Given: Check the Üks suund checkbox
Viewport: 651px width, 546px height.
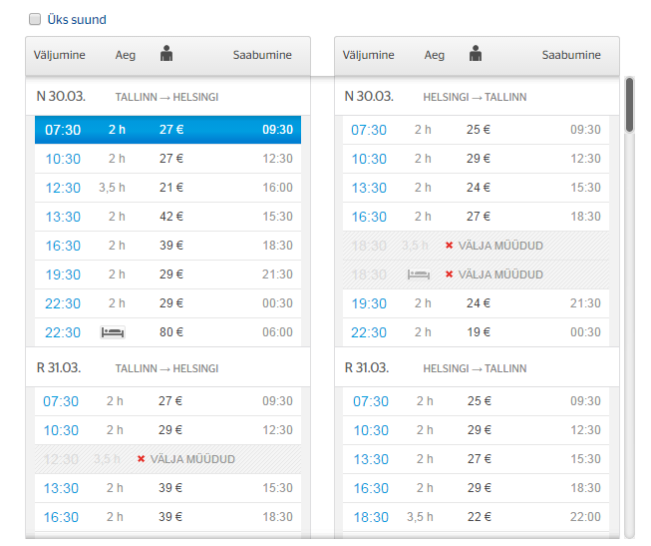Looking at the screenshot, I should (x=36, y=19).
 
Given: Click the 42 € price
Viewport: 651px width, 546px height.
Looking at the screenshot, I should (x=171, y=217).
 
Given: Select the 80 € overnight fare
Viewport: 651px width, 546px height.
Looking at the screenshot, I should (x=171, y=332).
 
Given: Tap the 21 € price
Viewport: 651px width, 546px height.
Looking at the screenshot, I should (x=171, y=188).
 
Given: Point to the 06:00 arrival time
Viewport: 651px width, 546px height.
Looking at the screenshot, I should (x=277, y=332).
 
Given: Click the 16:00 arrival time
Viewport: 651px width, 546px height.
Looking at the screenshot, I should (x=277, y=188).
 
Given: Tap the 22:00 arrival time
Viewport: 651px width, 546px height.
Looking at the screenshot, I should (x=585, y=517).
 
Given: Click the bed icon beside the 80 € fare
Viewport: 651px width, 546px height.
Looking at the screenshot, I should (x=113, y=332).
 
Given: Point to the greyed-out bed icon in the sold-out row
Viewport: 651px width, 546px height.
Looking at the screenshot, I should (x=419, y=274).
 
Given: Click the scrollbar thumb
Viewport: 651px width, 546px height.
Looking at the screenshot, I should (x=629, y=105).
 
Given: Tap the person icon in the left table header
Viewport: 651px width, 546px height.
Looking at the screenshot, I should (x=166, y=54).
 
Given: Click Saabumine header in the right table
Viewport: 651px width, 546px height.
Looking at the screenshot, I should (x=571, y=56).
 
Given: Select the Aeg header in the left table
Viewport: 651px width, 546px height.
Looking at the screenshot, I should (x=126, y=56).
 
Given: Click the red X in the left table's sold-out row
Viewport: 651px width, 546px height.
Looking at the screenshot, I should (x=141, y=459).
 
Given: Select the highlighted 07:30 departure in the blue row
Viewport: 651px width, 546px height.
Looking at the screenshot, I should (x=62, y=130).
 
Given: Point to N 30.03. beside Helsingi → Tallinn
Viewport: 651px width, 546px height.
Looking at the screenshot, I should (x=369, y=97).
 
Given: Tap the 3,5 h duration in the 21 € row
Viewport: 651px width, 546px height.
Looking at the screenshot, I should (x=113, y=188).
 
